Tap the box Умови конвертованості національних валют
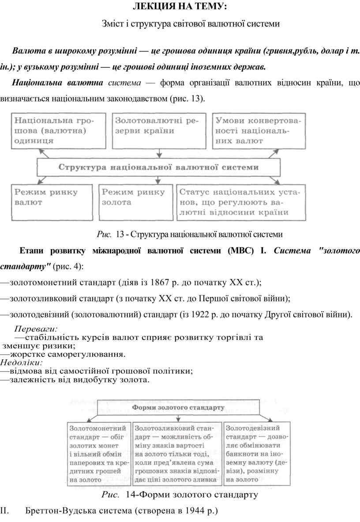pos(260,130)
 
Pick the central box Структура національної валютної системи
pos(158,168)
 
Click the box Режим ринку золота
pos(135,201)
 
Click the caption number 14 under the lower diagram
pos(131,495)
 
